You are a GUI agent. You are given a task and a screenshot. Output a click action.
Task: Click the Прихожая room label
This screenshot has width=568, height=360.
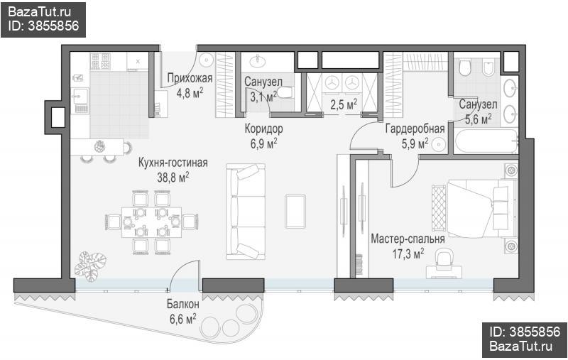[190, 78]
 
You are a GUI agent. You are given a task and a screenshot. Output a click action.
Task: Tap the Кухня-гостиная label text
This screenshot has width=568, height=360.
[173, 163]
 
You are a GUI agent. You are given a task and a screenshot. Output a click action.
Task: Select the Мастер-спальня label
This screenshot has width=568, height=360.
[408, 239]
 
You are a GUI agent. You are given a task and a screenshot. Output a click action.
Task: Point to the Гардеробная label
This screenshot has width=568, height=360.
[415, 129]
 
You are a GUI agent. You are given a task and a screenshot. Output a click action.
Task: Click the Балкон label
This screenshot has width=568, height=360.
[183, 304]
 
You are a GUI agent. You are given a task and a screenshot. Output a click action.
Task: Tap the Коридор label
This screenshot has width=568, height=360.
[263, 129]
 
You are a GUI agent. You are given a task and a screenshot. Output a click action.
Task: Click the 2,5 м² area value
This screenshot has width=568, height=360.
[344, 105]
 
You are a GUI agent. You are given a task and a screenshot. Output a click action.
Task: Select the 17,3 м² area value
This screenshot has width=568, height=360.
[408, 254]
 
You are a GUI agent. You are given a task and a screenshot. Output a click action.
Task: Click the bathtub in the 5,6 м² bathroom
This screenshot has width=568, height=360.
[486, 141]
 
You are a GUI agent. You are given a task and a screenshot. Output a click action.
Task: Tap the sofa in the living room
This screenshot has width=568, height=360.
[246, 212]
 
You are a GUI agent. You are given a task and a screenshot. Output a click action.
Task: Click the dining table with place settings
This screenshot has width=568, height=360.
[151, 222]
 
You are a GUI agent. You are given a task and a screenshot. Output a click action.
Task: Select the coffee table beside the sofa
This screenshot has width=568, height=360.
[295, 211]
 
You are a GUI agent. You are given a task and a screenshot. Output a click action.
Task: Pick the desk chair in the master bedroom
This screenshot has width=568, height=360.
[444, 258]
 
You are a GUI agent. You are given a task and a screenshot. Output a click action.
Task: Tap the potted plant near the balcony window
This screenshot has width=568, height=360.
[89, 266]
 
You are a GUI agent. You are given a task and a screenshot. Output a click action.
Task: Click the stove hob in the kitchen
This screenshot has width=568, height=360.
[100, 61]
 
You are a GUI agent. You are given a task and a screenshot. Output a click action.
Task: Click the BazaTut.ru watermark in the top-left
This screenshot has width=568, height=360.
[40, 12]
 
